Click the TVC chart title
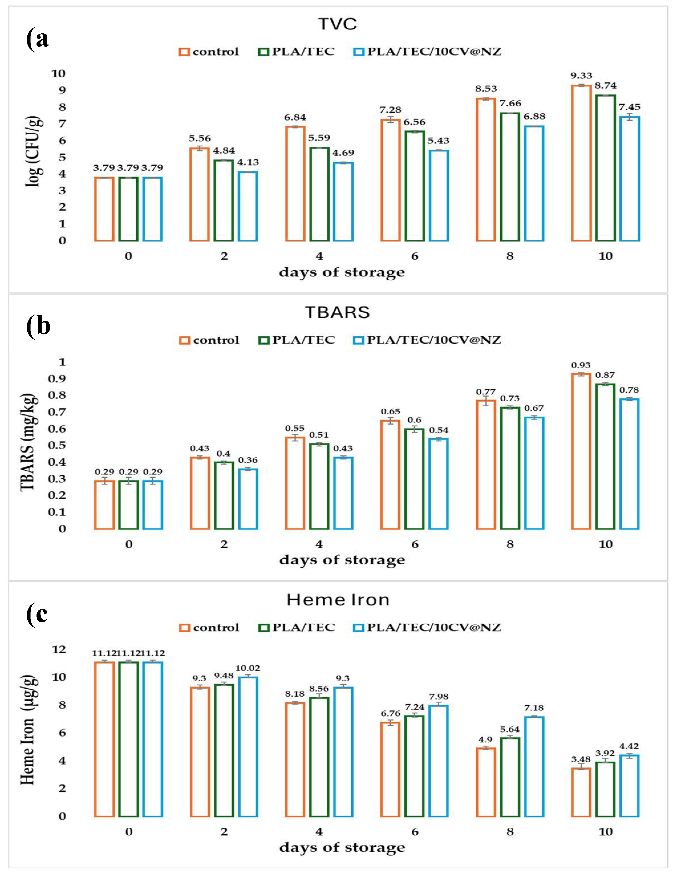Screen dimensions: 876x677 pos(337,24)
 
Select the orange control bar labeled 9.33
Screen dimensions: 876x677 pos(581,163)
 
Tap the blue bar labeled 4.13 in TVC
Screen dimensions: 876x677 pos(248,206)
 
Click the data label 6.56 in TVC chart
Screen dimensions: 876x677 pos(414,122)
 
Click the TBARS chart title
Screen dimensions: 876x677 pos(337,313)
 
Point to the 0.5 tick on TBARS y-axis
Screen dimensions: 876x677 pos(56,445)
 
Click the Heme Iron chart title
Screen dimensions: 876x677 pos(338,600)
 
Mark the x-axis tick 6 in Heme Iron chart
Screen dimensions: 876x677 pos(415,832)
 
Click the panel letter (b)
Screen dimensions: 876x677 pos(38,326)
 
